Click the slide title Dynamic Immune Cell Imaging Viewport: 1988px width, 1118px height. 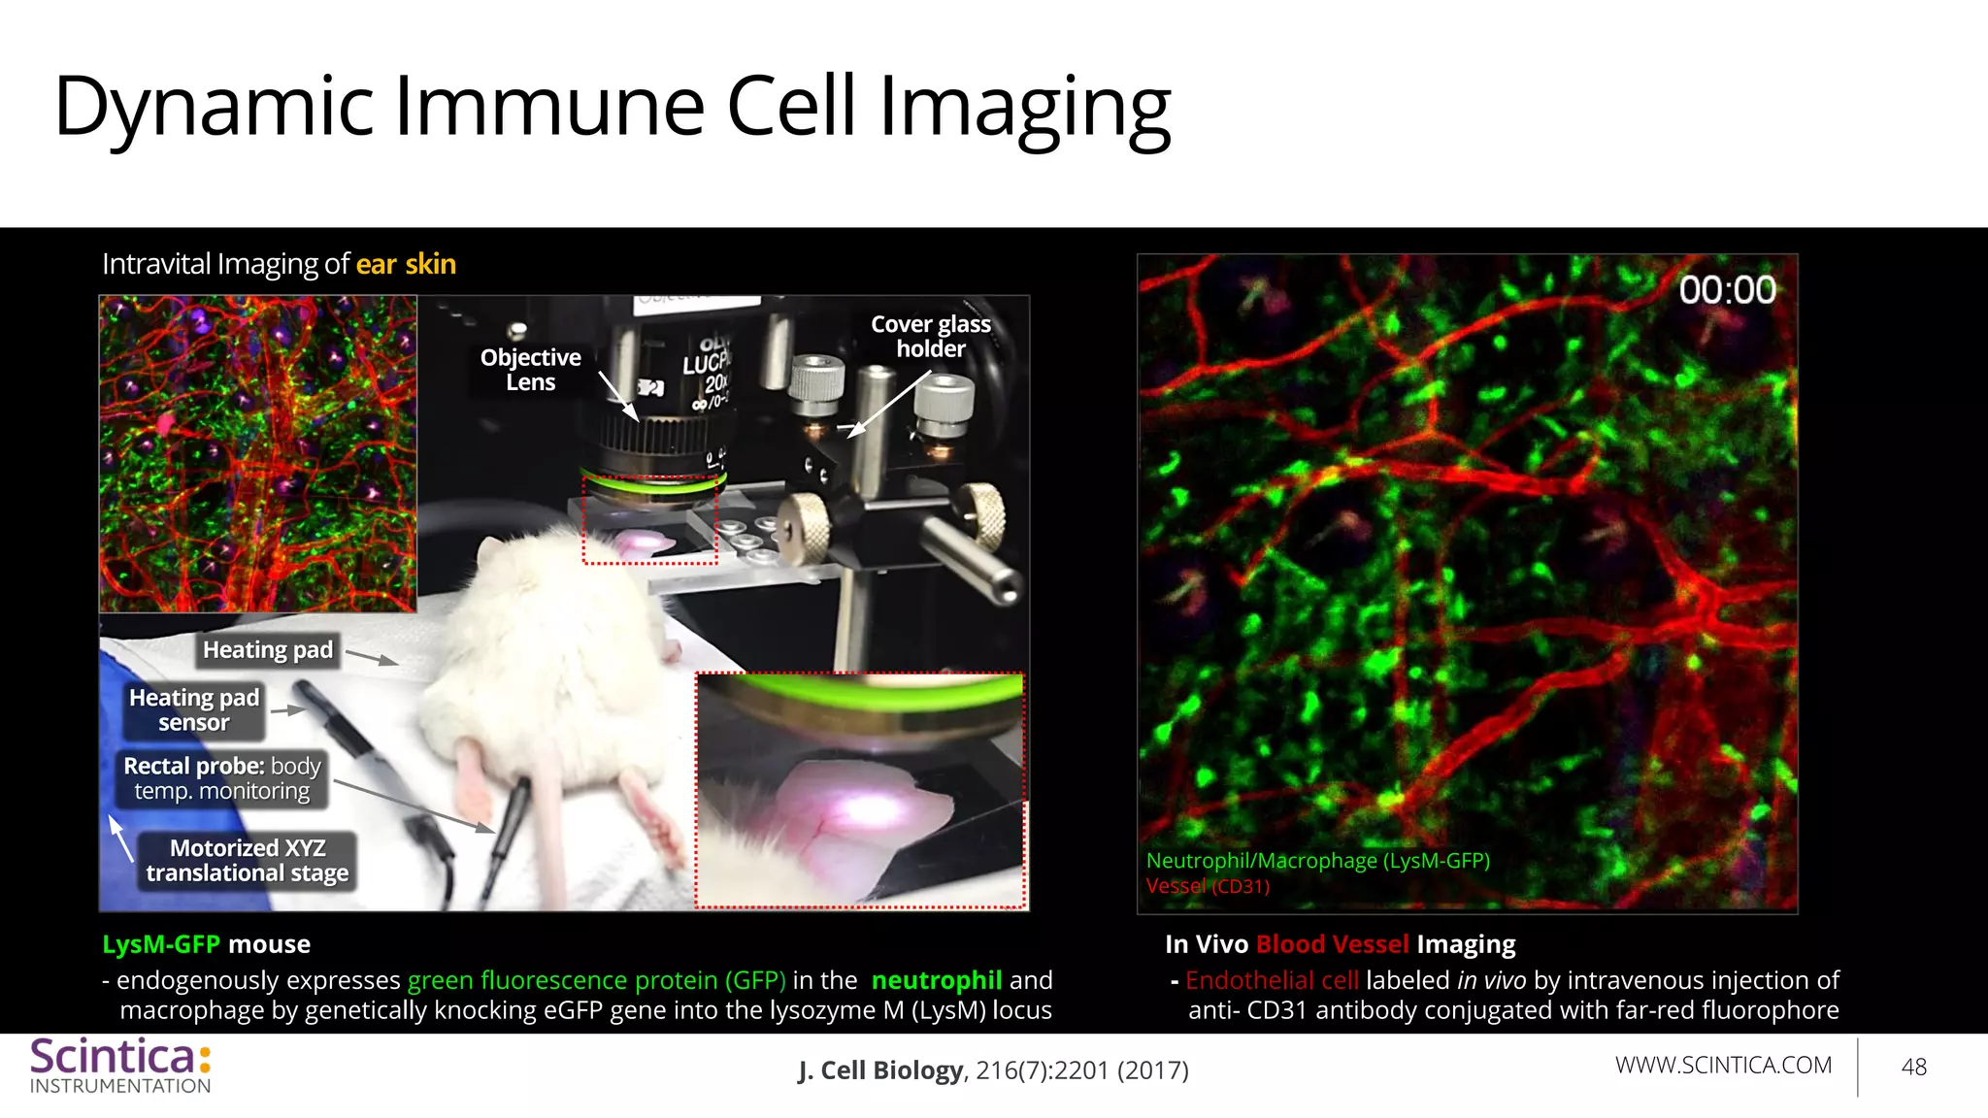pos(612,107)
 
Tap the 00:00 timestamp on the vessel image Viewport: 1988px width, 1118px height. pos(1727,289)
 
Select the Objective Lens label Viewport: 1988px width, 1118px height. pos(530,370)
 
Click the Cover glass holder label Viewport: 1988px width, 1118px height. pos(930,336)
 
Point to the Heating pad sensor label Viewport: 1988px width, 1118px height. pos(194,709)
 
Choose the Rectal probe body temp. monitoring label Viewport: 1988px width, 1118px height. pos(221,778)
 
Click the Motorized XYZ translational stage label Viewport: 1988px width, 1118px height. pos(247,861)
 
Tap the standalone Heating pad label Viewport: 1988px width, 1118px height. pos(267,649)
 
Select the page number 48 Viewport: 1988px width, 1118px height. pos(1913,1068)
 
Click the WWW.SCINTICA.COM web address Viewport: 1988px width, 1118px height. pos(1723,1065)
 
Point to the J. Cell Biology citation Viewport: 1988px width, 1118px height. pos(993,1070)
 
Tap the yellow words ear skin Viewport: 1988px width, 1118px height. pos(406,264)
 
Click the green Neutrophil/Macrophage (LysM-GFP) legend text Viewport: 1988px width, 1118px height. pos(1317,861)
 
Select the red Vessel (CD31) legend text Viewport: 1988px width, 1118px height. pos(1207,886)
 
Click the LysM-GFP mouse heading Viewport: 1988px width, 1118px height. pos(206,944)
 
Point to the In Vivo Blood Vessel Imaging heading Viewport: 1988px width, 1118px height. pos(1340,944)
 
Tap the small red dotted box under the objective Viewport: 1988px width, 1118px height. pos(649,519)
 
